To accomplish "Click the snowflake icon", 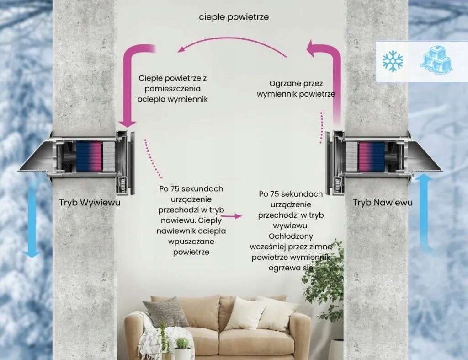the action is (393, 61).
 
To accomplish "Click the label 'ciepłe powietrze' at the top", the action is (234, 17).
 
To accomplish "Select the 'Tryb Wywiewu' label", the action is (90, 202).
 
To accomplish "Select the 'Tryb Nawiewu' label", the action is (383, 202).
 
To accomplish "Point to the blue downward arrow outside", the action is (32, 220).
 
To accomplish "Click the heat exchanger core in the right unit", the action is (371, 156).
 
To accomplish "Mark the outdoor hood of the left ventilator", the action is (37, 158).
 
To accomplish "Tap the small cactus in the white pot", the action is (182, 343).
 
